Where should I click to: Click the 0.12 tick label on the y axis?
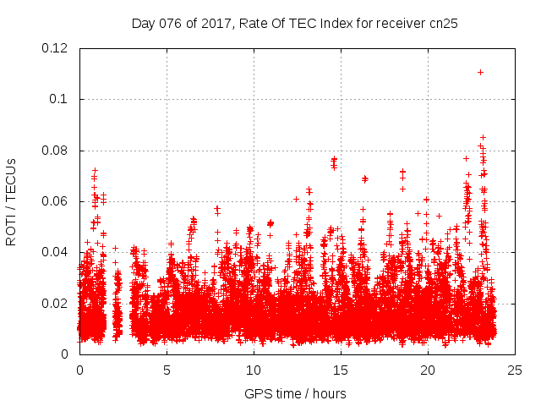[x=56, y=48]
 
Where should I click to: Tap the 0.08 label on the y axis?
[x=56, y=151]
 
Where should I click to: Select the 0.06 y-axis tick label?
[x=56, y=201]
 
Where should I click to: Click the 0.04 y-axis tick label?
[x=56, y=252]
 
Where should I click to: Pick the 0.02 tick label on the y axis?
[x=56, y=303]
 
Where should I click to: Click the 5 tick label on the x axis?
[x=167, y=370]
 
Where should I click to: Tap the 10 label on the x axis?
[x=254, y=370]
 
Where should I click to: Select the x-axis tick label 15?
[x=341, y=370]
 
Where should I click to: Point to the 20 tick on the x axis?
[x=428, y=370]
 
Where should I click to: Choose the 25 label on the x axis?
[x=515, y=370]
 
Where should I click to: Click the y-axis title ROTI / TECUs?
[x=11, y=201]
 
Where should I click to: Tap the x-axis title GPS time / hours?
[x=296, y=393]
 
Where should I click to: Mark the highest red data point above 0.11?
[x=480, y=73]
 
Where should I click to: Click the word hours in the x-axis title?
[x=330, y=393]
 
